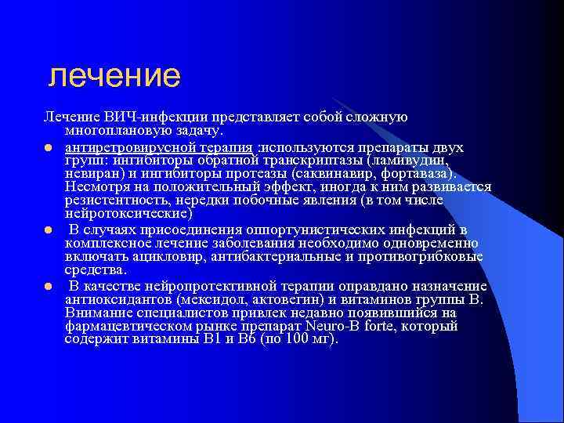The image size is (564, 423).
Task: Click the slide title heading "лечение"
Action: click(x=114, y=76)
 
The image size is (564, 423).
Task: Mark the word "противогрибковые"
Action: click(x=428, y=256)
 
